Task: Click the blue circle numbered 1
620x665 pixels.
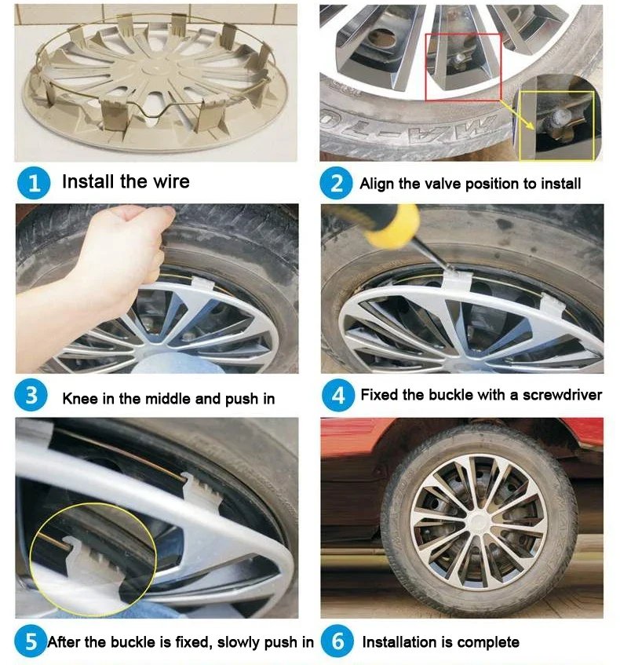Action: tap(34, 183)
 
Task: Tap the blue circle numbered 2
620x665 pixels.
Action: tap(336, 183)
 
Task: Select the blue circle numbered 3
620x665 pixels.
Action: tap(31, 395)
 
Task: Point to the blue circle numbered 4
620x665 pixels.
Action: tap(337, 395)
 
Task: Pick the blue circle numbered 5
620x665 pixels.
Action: tap(31, 641)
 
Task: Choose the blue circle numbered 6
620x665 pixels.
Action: tap(337, 641)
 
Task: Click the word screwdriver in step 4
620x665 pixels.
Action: tap(562, 395)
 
